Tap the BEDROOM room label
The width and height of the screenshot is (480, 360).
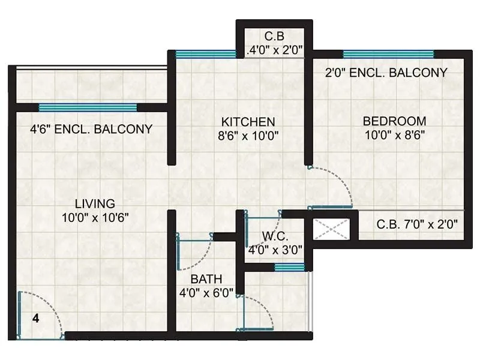[394, 121]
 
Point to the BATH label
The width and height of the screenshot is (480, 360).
[206, 279]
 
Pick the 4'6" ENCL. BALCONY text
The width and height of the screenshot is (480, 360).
[91, 129]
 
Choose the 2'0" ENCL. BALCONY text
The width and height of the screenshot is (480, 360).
[386, 73]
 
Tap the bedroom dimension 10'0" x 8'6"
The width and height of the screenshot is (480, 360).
[394, 135]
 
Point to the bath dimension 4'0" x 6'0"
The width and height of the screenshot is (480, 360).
[207, 293]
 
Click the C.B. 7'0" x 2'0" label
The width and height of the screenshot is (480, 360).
[417, 225]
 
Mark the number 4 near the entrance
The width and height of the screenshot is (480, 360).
[35, 319]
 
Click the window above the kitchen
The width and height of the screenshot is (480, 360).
[206, 54]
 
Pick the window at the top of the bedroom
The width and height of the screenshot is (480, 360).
[388, 54]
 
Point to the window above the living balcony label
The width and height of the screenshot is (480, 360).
[88, 108]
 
